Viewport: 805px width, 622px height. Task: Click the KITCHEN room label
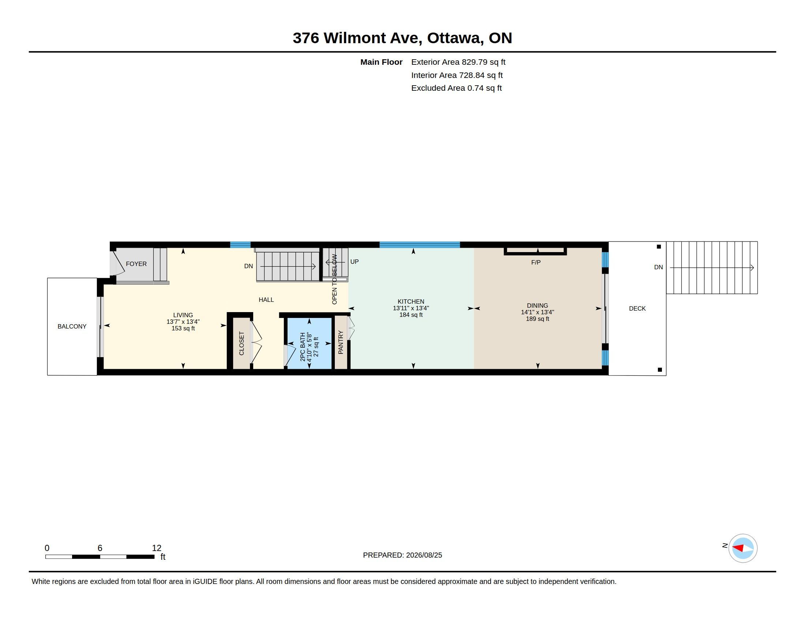tap(411, 301)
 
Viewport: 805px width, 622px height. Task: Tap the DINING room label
tap(538, 306)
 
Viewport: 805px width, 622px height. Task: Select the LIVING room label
tap(183, 315)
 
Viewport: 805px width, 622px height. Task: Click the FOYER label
tap(136, 264)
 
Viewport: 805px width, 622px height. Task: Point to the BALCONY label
tap(72, 326)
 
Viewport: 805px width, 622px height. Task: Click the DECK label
tap(637, 308)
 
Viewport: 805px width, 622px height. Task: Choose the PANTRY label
tap(341, 342)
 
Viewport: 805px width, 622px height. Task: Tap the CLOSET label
tap(241, 344)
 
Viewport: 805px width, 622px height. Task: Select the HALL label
tap(266, 300)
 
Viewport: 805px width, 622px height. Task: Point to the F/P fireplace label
tap(536, 262)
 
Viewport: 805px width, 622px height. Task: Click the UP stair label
tap(354, 262)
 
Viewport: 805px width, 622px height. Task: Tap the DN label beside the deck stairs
tap(658, 267)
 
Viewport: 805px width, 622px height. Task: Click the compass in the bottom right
tap(743, 548)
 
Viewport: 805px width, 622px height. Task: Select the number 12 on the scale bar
tap(157, 548)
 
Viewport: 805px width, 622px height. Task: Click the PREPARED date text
tap(402, 555)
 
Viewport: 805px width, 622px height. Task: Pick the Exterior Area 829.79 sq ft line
tap(458, 62)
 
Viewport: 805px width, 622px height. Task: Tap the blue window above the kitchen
tap(419, 244)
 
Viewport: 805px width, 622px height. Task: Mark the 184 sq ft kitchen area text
tap(411, 315)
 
